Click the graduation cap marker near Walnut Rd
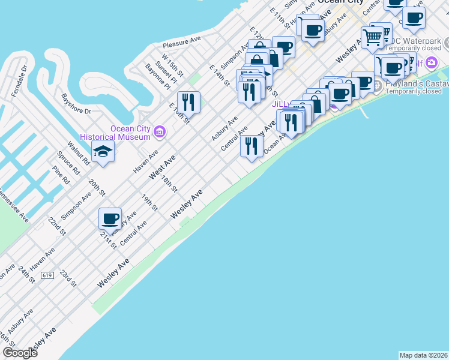[x=103, y=151]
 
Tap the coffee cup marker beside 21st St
[x=110, y=218]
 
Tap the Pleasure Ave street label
[x=182, y=41]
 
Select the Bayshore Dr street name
[x=76, y=103]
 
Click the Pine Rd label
[x=61, y=176]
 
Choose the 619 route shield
[x=48, y=275]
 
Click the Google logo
[x=20, y=353]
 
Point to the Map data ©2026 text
[x=423, y=355]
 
